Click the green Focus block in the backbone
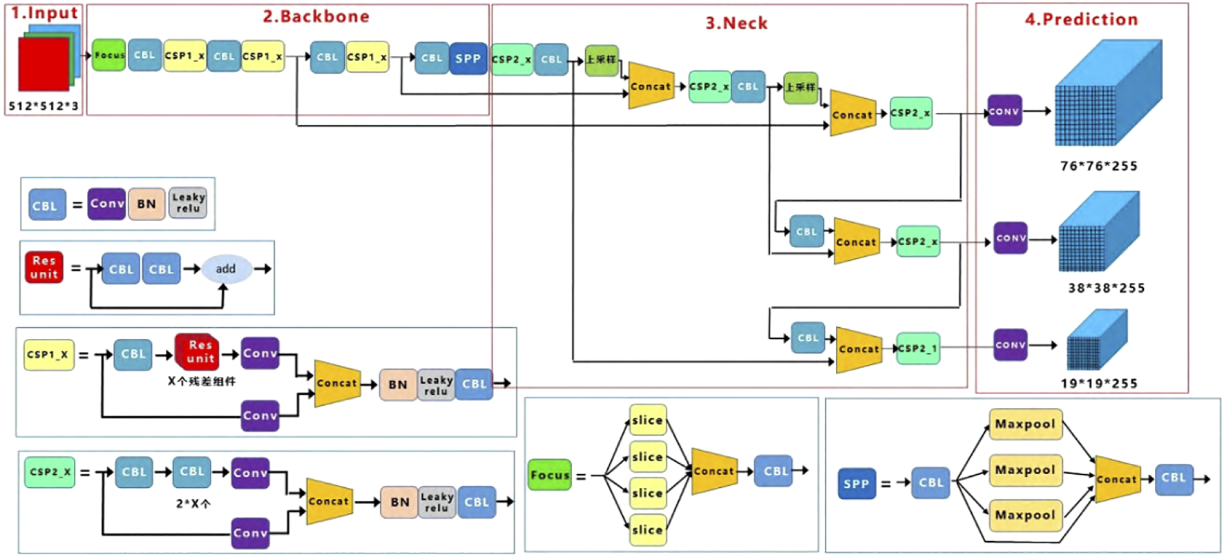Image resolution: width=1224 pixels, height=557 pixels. pyautogui.click(x=109, y=55)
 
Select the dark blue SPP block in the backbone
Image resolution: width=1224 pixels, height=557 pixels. pyautogui.click(x=468, y=59)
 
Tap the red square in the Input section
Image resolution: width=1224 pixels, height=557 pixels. pyautogui.click(x=44, y=64)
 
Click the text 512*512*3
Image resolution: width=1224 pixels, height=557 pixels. pyautogui.click(x=44, y=106)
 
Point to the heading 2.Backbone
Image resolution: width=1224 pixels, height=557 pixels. pyautogui.click(x=316, y=17)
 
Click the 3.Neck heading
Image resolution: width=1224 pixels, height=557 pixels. pyautogui.click(x=736, y=23)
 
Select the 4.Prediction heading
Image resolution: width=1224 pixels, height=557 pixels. pyautogui.click(x=1081, y=19)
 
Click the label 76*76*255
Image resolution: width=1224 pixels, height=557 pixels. pyautogui.click(x=1098, y=166)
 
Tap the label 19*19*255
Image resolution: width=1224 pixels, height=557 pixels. pyautogui.click(x=1099, y=383)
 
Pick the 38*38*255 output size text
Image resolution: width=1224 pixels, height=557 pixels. pyautogui.click(x=1106, y=288)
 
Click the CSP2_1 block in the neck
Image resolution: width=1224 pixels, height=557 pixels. pyautogui.click(x=918, y=349)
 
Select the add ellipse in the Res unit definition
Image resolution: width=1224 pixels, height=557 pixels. pyautogui.click(x=226, y=269)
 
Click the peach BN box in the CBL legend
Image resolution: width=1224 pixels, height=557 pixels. pyautogui.click(x=146, y=204)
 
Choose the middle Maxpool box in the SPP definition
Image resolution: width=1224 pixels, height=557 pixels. pyautogui.click(x=1025, y=470)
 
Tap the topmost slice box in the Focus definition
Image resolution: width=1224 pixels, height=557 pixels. pyautogui.click(x=647, y=420)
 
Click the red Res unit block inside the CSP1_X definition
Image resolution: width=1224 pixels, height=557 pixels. pyautogui.click(x=198, y=352)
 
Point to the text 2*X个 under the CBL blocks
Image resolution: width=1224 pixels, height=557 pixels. pyautogui.click(x=193, y=503)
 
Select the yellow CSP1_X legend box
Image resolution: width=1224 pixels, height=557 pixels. pyautogui.click(x=48, y=355)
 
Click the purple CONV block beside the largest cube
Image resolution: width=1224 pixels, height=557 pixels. pyautogui.click(x=1004, y=111)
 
